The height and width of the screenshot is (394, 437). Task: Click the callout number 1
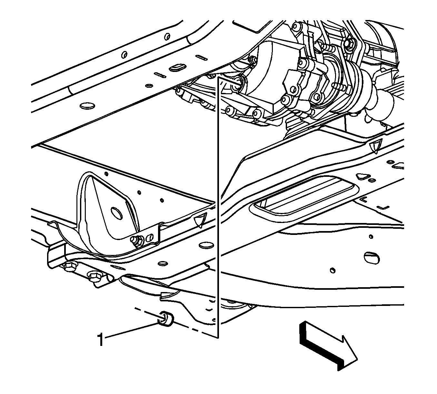[100, 339]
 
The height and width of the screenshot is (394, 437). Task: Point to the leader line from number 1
[132, 331]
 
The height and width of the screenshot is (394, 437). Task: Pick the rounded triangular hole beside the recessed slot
[362, 177]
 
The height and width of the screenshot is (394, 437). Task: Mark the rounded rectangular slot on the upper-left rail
[177, 67]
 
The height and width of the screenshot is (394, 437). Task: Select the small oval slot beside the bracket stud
[149, 237]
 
